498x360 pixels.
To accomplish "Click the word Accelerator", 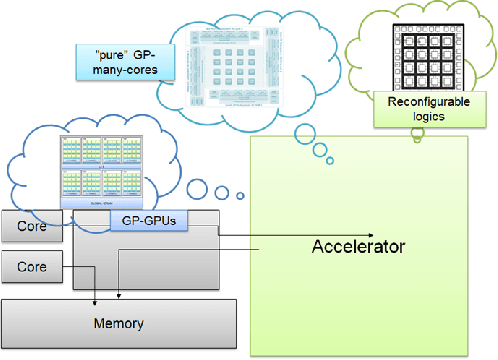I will tap(358, 247).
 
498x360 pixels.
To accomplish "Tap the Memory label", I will tap(119, 324).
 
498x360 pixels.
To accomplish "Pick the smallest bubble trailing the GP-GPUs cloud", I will tap(240, 195).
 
